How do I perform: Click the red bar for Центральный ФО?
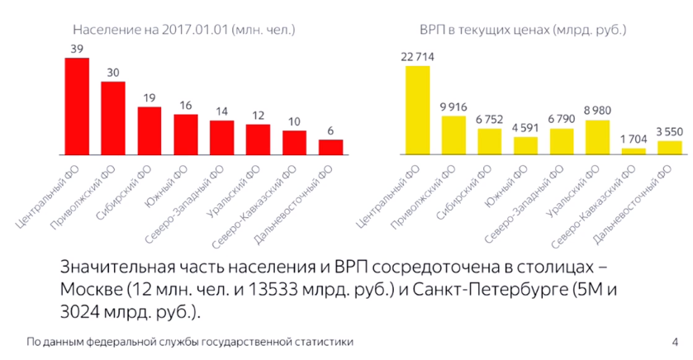(x=77, y=106)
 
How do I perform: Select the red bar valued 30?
(x=113, y=118)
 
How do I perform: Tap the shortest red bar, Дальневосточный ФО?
(x=330, y=147)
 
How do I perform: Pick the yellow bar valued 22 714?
(x=417, y=110)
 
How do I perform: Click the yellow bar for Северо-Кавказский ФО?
(x=634, y=151)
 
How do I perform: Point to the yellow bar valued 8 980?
(x=597, y=137)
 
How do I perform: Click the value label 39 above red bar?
(x=77, y=49)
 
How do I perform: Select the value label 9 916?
(x=453, y=107)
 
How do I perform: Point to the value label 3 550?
(x=670, y=131)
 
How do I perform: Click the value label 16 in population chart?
(x=186, y=105)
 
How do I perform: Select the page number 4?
(x=675, y=342)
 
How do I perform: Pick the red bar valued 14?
(x=221, y=137)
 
